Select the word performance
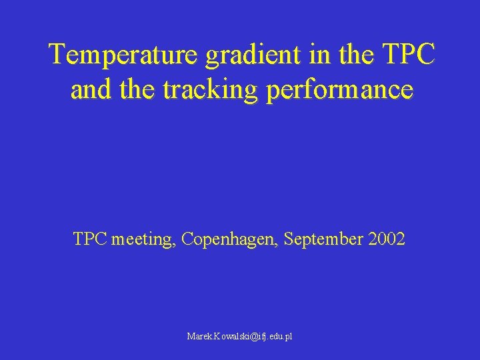click(x=339, y=90)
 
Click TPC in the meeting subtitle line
click(x=90, y=239)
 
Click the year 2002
click(x=386, y=239)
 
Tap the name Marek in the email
click(x=198, y=337)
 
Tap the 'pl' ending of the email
click(x=288, y=337)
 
